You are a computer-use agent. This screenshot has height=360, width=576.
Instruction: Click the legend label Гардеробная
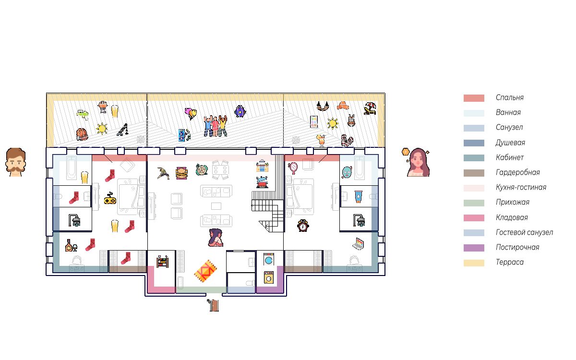click(517, 173)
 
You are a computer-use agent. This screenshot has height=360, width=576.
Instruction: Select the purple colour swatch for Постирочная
click(474, 248)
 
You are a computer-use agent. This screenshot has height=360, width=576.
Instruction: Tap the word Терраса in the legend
click(509, 263)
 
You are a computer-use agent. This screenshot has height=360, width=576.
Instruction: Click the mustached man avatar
click(16, 162)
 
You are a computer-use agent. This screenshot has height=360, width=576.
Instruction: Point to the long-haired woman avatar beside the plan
click(417, 163)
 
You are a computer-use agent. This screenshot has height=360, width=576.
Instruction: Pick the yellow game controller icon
click(110, 198)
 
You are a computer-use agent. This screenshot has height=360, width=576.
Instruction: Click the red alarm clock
click(302, 225)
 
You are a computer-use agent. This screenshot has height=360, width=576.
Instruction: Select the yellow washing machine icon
click(269, 277)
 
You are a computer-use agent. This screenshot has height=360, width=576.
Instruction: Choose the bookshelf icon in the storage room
click(162, 262)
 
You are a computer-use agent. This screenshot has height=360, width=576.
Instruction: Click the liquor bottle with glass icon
click(72, 245)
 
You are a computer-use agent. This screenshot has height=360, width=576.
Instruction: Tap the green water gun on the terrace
click(83, 114)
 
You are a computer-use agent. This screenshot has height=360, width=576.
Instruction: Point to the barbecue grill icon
click(102, 106)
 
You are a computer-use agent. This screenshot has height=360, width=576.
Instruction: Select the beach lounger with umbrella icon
click(370, 108)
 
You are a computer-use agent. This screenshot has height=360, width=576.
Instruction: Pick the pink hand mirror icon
click(293, 168)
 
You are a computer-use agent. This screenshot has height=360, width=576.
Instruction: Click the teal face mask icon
click(347, 171)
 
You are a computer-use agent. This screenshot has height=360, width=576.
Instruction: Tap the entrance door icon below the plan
click(214, 305)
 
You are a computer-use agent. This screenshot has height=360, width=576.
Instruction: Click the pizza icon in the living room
click(201, 169)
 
